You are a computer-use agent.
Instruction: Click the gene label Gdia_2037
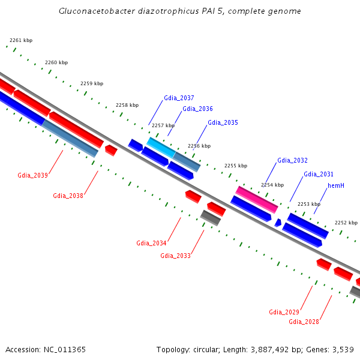tap(179, 98)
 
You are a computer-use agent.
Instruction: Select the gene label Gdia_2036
tap(197, 109)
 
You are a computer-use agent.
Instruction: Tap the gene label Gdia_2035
tap(223, 122)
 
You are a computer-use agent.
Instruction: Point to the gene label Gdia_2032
tap(292, 160)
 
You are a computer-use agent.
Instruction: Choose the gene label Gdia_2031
tap(318, 174)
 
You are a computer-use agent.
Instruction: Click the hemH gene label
tap(335, 185)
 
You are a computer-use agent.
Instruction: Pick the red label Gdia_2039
tap(32, 175)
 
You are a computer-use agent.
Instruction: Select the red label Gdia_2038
tap(68, 196)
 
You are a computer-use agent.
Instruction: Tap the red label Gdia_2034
tap(151, 243)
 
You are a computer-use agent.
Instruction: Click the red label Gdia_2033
tap(175, 256)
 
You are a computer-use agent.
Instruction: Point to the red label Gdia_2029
tap(284, 312)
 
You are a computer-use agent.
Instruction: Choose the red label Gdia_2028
tap(304, 322)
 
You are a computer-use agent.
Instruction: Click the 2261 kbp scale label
tap(21, 40)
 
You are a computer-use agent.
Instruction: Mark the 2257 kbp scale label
tap(163, 125)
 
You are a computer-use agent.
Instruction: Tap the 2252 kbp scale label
tap(346, 222)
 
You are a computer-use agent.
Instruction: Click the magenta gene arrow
tap(257, 199)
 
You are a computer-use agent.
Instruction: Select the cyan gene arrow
tap(161, 147)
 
